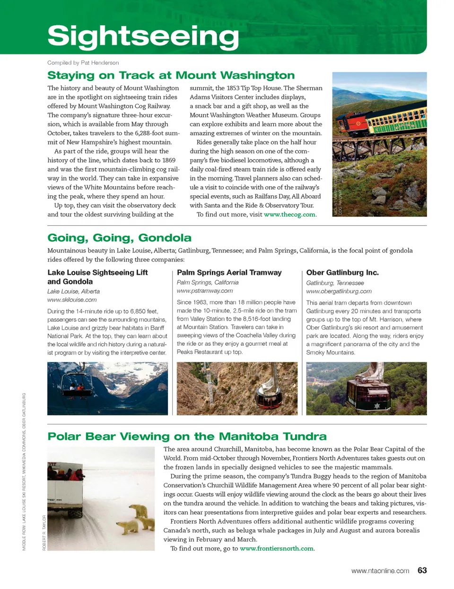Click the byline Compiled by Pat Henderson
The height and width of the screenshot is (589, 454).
[x=83, y=62]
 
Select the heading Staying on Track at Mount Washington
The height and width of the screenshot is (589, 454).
[x=171, y=75]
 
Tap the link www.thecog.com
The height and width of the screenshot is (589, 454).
[x=289, y=214]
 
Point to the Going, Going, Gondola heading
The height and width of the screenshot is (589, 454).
[x=119, y=237]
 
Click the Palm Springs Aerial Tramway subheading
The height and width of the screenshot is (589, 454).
[x=229, y=273]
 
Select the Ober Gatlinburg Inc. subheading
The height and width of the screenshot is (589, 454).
[x=342, y=273]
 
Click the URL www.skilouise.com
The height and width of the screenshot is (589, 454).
[x=72, y=299]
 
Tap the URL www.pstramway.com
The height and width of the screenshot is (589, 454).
[x=205, y=290]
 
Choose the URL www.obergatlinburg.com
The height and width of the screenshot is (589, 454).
[x=339, y=291]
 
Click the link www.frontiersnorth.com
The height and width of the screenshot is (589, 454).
[x=277, y=548]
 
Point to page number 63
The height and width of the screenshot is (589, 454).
[x=422, y=571]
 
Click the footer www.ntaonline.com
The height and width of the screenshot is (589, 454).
[x=380, y=571]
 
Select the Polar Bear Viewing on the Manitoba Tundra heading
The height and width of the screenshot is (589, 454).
[x=187, y=436]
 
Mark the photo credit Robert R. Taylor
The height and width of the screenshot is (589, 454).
[x=44, y=532]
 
